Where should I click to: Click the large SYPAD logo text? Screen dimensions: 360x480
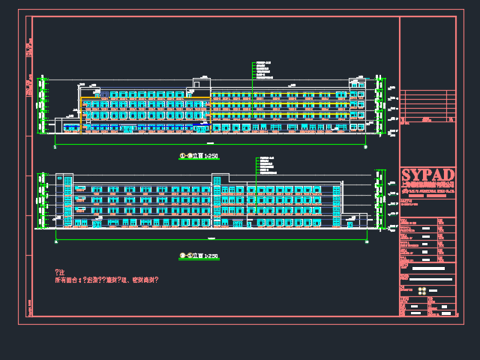coord(427,174)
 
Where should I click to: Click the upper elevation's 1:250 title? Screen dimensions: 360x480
coord(199,156)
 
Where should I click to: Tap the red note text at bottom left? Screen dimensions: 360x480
coord(106,280)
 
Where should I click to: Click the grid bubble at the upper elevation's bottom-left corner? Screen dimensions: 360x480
coord(55,147)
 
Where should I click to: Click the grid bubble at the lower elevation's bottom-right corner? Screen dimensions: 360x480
coord(366,242)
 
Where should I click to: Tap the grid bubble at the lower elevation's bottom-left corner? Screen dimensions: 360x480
coord(55,242)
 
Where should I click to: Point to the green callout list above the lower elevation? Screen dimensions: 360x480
coord(265,165)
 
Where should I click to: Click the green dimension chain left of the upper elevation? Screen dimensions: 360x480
coord(40,105)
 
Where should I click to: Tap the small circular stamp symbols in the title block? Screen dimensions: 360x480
coord(422,290)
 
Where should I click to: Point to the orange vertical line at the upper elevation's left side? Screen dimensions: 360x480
coord(80,112)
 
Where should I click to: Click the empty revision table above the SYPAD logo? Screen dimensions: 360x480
coord(427,106)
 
